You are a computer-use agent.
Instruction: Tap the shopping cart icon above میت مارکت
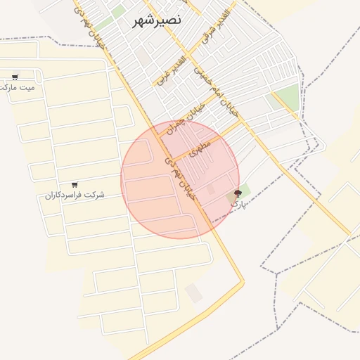pos(15,77)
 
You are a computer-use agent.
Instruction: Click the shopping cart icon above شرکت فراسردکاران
pos(75,184)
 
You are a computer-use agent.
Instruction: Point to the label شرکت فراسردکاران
pos(75,194)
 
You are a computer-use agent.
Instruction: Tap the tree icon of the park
pos(237,193)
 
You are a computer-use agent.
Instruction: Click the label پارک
pos(239,203)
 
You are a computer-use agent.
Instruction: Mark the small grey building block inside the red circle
pos(211,189)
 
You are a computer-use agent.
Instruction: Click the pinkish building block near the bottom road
pos(194,293)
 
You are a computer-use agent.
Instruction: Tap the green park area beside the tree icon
pos(245,188)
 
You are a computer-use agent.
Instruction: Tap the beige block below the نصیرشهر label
pos(143,55)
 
